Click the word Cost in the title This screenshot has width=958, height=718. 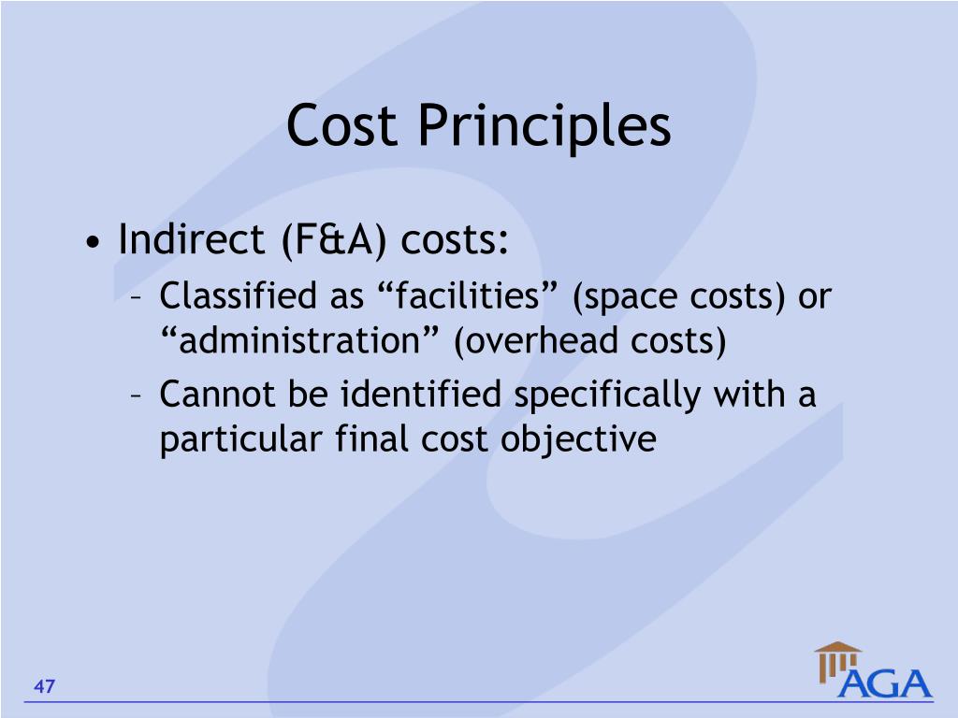coord(343,125)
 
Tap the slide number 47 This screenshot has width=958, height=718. coord(45,688)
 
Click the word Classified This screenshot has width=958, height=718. coord(238,297)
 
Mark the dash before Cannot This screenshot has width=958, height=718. coord(137,396)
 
